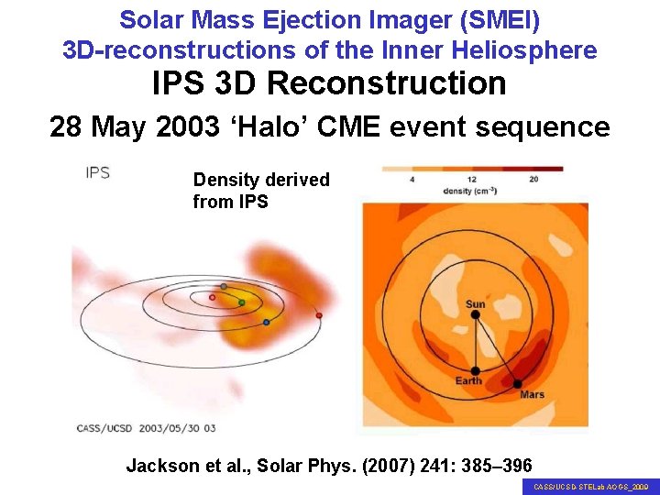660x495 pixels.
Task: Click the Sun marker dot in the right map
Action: point(476,315)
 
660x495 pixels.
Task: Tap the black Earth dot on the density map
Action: point(476,369)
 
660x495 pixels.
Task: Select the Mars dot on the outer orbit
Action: point(518,383)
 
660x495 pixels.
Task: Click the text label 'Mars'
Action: point(532,395)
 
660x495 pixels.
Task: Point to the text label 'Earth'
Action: point(469,381)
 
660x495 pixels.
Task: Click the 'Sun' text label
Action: point(476,304)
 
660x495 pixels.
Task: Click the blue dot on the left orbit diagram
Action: point(266,323)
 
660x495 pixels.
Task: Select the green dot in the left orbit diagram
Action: point(242,302)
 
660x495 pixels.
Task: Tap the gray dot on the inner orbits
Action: point(224,287)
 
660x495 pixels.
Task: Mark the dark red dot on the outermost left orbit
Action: point(319,315)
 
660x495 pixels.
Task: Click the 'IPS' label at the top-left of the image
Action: point(97,173)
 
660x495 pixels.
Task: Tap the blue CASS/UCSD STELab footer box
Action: point(590,487)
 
